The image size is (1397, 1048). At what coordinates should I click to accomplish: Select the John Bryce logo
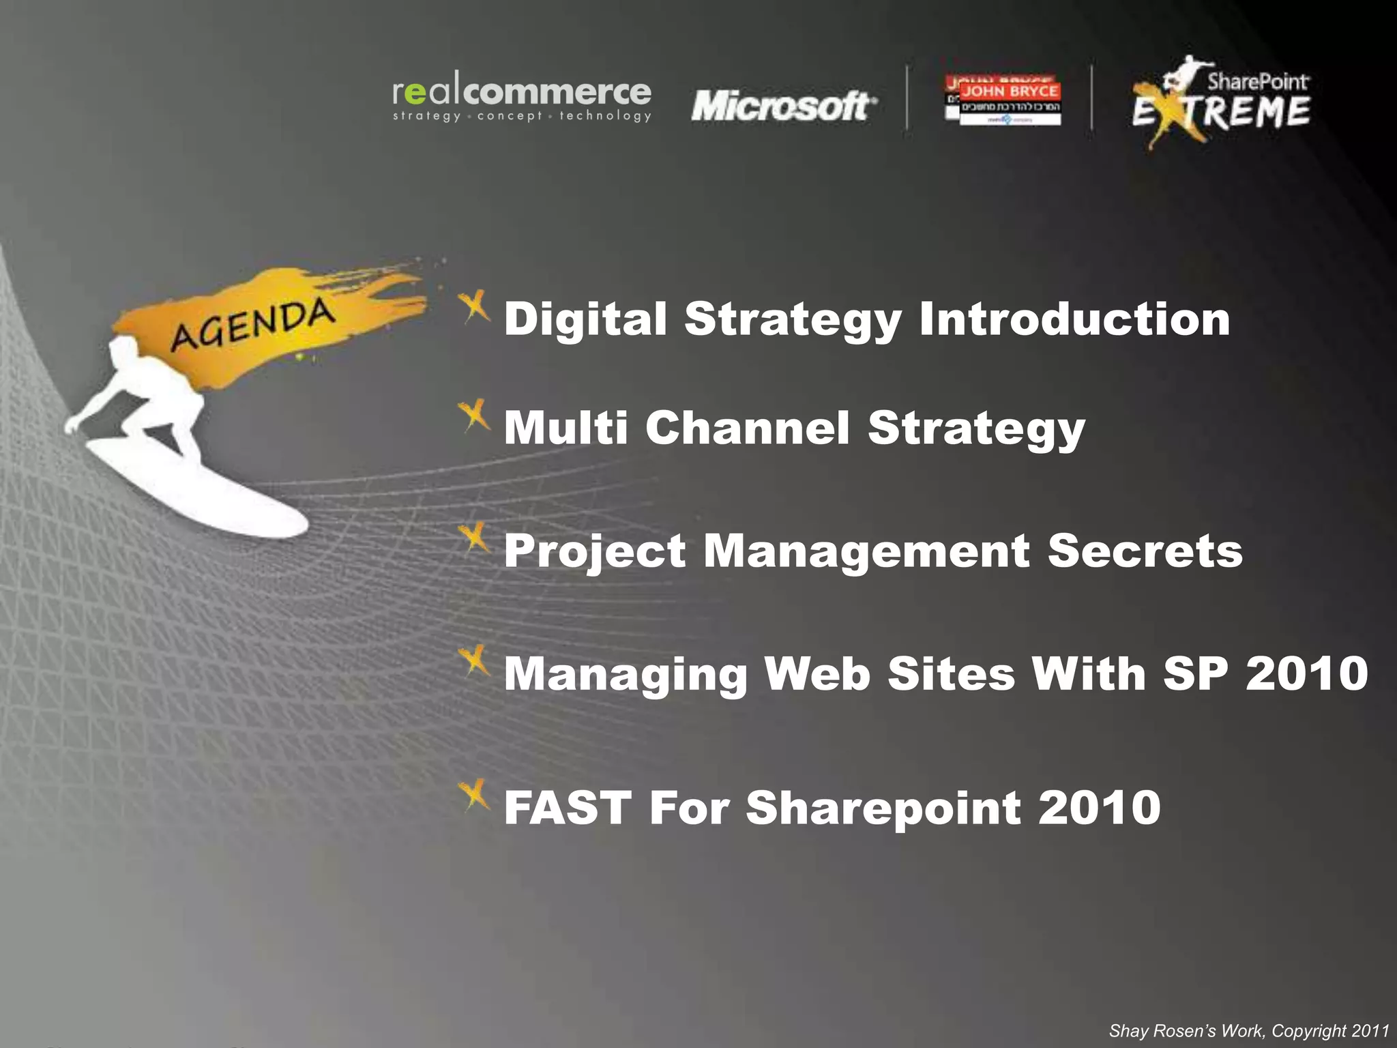1003,100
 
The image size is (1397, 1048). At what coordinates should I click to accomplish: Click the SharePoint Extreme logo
1221,102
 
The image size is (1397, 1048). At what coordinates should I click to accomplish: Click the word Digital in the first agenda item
585,319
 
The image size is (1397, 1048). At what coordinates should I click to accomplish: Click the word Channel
748,428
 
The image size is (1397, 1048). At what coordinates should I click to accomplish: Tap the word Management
866,551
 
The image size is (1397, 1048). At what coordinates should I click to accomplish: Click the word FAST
568,808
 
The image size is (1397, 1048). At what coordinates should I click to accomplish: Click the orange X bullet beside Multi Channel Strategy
474,415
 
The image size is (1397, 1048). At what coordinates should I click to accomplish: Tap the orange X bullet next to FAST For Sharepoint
474,795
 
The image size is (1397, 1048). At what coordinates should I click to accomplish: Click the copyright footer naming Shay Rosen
1248,1031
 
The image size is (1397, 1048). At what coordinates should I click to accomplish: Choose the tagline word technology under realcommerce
605,116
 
